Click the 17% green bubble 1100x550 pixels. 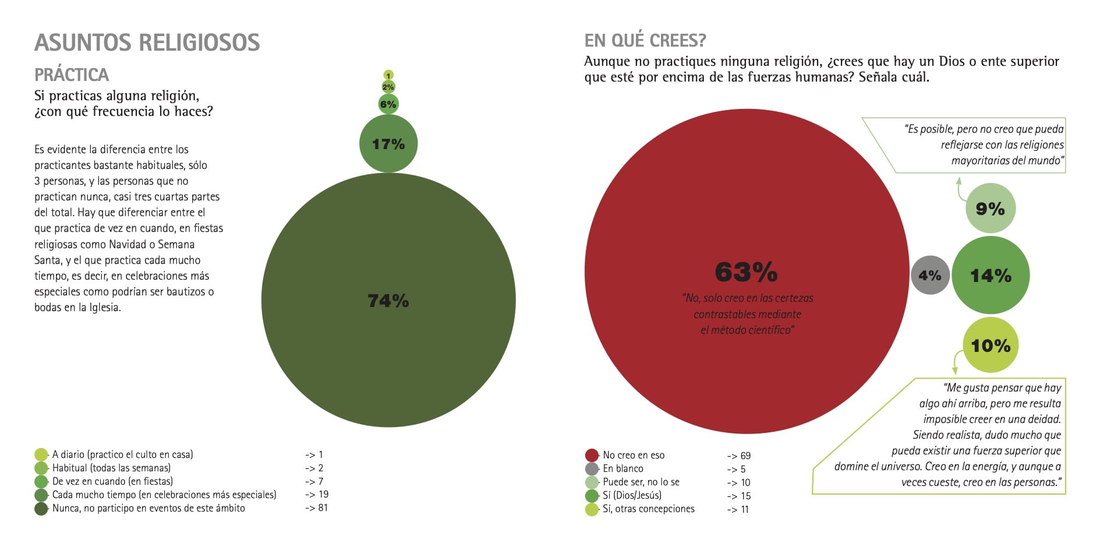(x=388, y=143)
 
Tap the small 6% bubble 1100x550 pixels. (x=388, y=104)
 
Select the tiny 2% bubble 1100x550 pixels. (x=388, y=87)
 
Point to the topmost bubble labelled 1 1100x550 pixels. (x=388, y=75)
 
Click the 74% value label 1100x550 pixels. (x=388, y=301)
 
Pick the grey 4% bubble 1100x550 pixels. (x=930, y=275)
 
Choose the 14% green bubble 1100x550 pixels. (x=991, y=275)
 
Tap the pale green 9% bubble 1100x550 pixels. (x=990, y=209)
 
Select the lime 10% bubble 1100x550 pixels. (x=991, y=345)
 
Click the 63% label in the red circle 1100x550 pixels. (x=746, y=272)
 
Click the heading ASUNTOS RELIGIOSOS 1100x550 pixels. (x=147, y=43)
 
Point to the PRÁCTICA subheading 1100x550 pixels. (x=72, y=75)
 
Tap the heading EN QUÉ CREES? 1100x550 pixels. (x=645, y=40)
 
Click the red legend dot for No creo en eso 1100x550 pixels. (x=592, y=455)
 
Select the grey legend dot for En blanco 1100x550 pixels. (x=592, y=468)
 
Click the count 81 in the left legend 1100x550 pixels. (x=323, y=507)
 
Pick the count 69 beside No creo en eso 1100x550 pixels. (x=745, y=456)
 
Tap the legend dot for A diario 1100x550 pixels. (x=41, y=454)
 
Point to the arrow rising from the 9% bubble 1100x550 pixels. (x=960, y=189)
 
